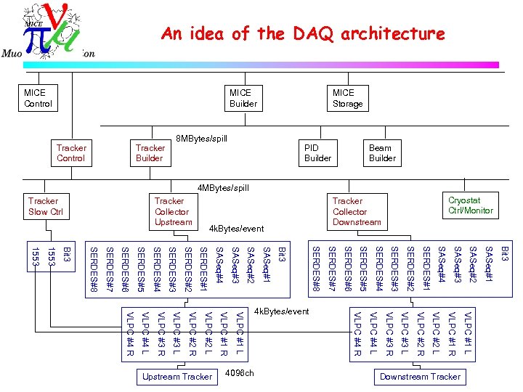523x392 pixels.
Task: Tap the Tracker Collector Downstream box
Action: coord(357,211)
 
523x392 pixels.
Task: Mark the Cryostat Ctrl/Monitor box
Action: coord(471,205)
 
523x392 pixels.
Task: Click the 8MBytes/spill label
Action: coord(202,138)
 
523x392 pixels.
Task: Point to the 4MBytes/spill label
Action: coord(223,188)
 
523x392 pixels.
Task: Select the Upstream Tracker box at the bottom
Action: coord(177,376)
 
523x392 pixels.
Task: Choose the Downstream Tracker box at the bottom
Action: coord(420,376)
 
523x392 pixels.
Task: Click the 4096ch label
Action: coord(240,374)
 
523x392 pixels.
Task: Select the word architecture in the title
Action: coord(392,33)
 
